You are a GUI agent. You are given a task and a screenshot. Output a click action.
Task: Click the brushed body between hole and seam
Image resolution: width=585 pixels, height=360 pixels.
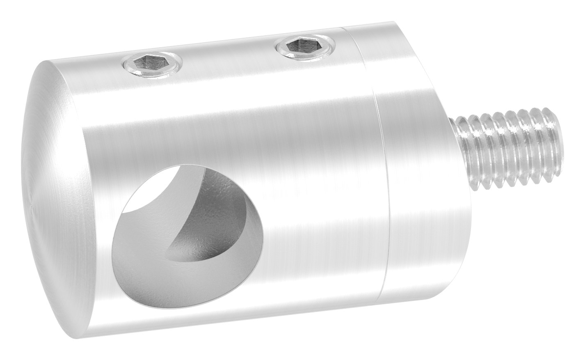(320, 205)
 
